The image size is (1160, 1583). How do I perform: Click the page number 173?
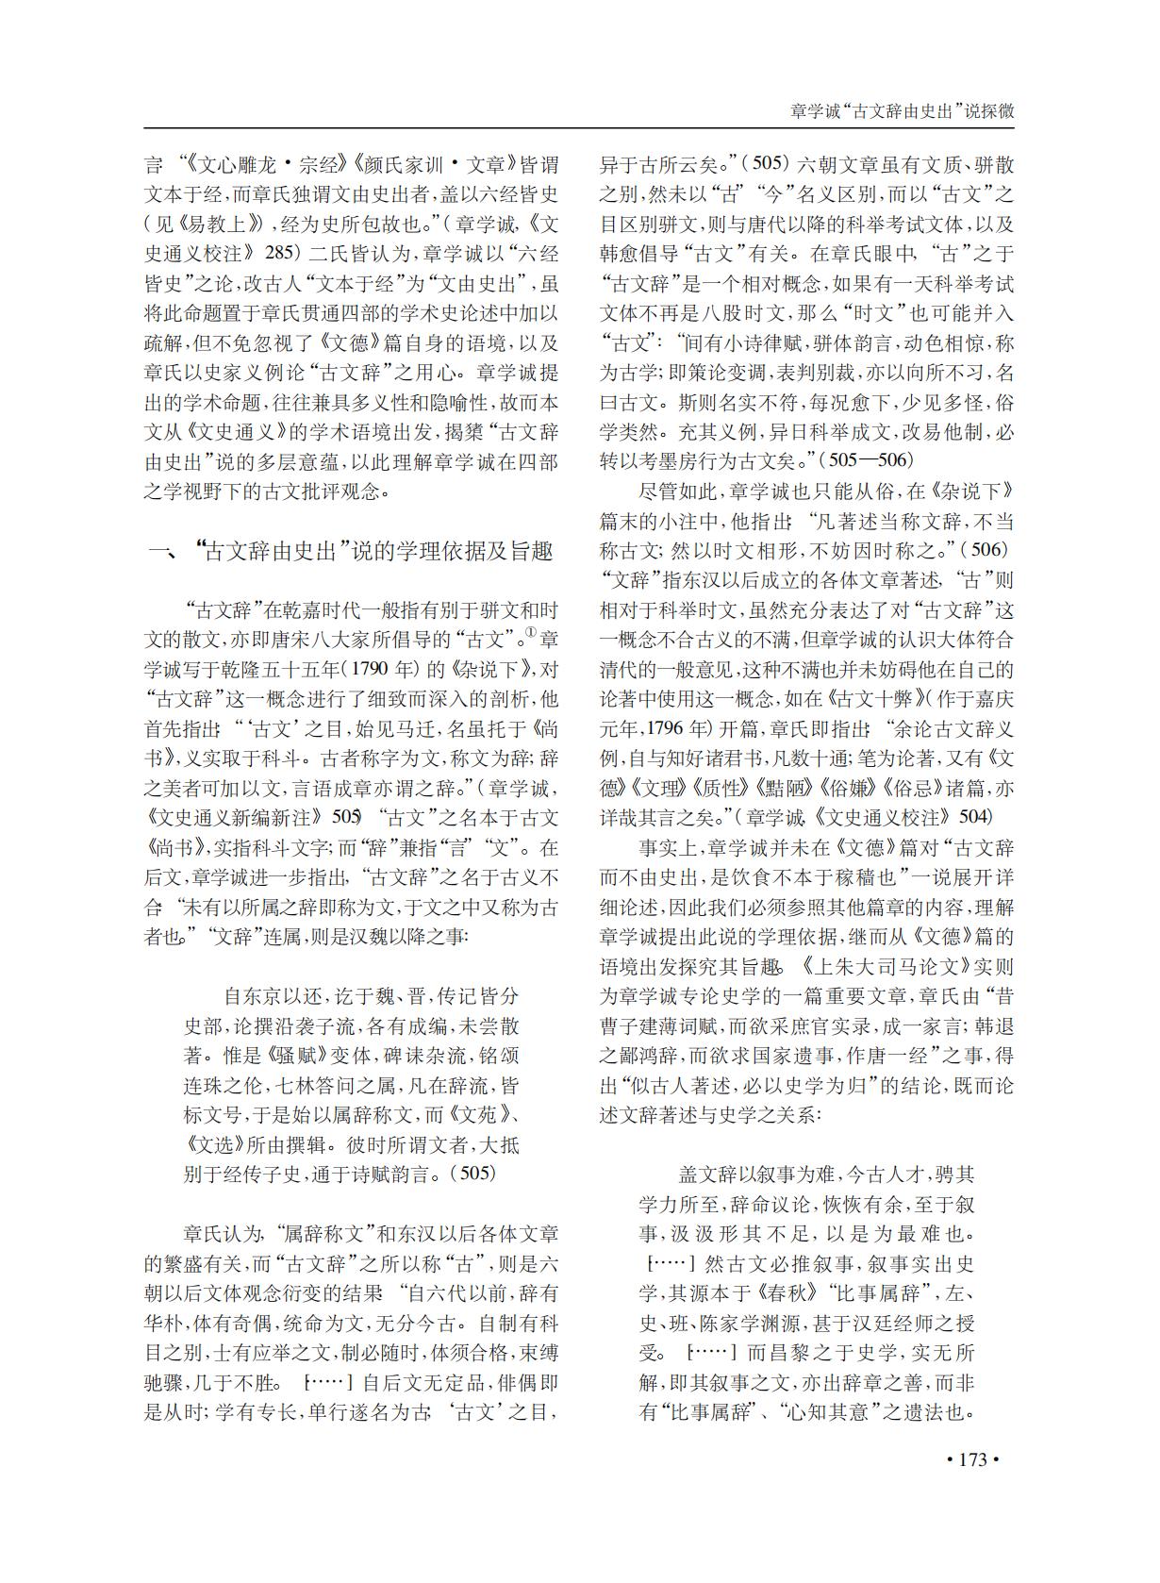[x=971, y=1459]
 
